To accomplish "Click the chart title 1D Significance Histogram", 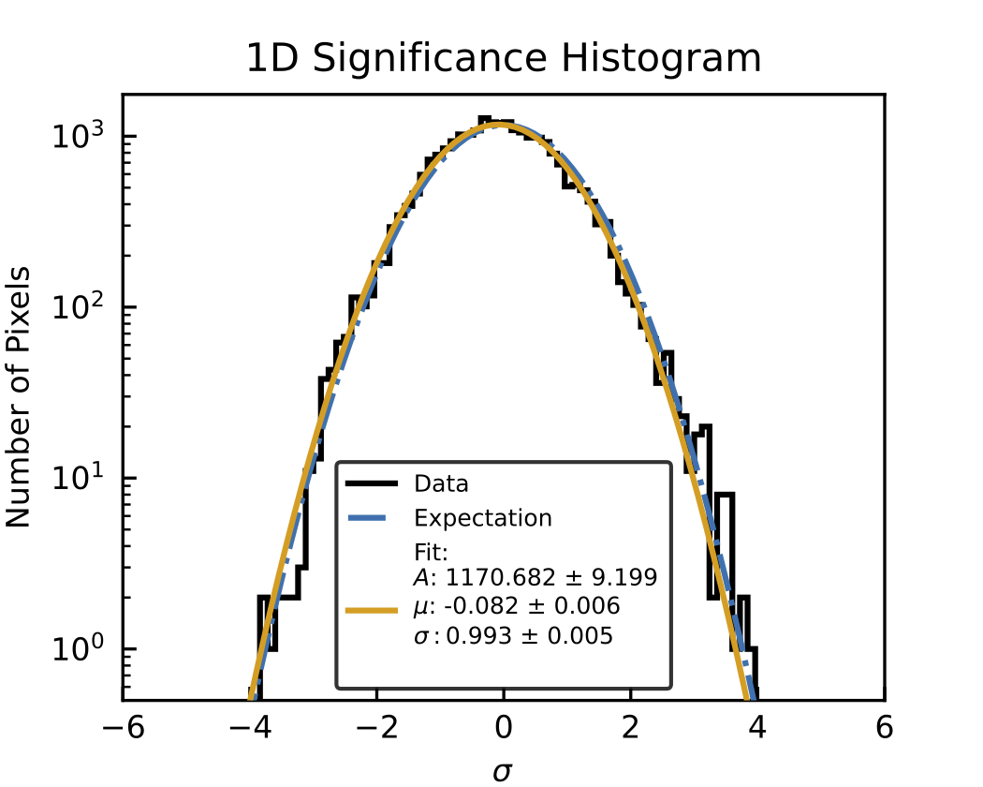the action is pyautogui.click(x=504, y=58).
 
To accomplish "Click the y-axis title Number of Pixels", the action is pyautogui.click(x=18, y=397).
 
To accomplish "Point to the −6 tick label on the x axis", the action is pyautogui.click(x=124, y=728).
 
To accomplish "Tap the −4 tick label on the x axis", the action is pyautogui.click(x=250, y=728).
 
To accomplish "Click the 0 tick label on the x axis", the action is pyautogui.click(x=504, y=728).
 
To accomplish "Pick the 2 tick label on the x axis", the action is pyautogui.click(x=631, y=728).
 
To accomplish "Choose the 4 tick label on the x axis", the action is pyautogui.click(x=757, y=728).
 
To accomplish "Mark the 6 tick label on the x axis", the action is pyautogui.click(x=884, y=728).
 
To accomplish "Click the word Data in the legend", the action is pyautogui.click(x=441, y=483).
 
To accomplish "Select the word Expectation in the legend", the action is pyautogui.click(x=483, y=518).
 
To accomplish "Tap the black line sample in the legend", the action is pyautogui.click(x=372, y=483).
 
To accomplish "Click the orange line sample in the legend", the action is pyautogui.click(x=372, y=609).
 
